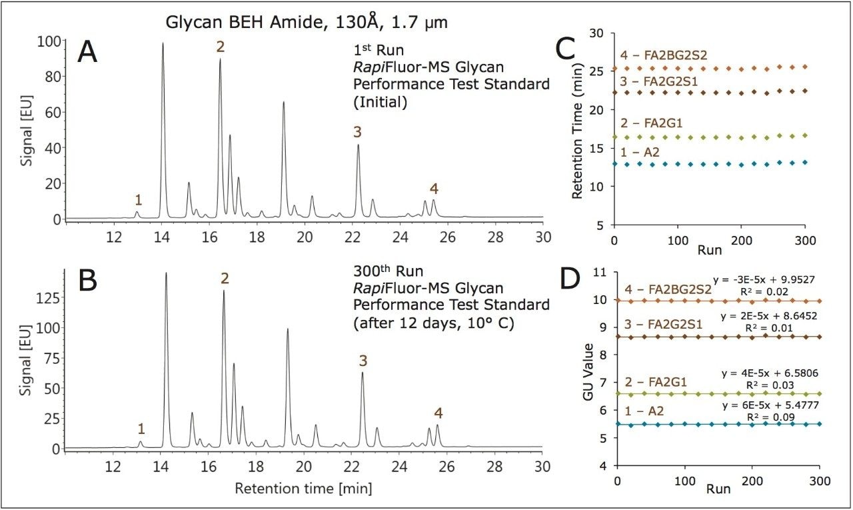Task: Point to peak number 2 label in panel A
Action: pyautogui.click(x=221, y=47)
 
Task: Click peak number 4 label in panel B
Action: pyautogui.click(x=438, y=413)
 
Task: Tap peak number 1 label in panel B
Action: pyautogui.click(x=141, y=427)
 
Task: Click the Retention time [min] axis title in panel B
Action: pyautogui.click(x=303, y=489)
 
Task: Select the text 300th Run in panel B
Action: pyautogui.click(x=378, y=271)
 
